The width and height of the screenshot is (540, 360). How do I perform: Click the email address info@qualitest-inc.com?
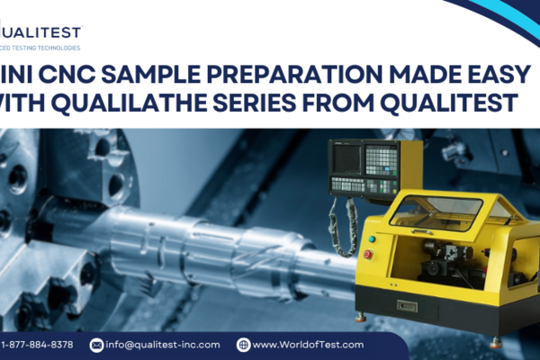pos(163,345)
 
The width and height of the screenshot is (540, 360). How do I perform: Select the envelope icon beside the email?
pos(96,345)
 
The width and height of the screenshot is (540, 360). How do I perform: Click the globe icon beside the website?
pos(243,345)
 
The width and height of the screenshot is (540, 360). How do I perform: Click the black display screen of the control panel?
pos(346,158)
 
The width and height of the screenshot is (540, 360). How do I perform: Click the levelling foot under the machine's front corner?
pos(360,317)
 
